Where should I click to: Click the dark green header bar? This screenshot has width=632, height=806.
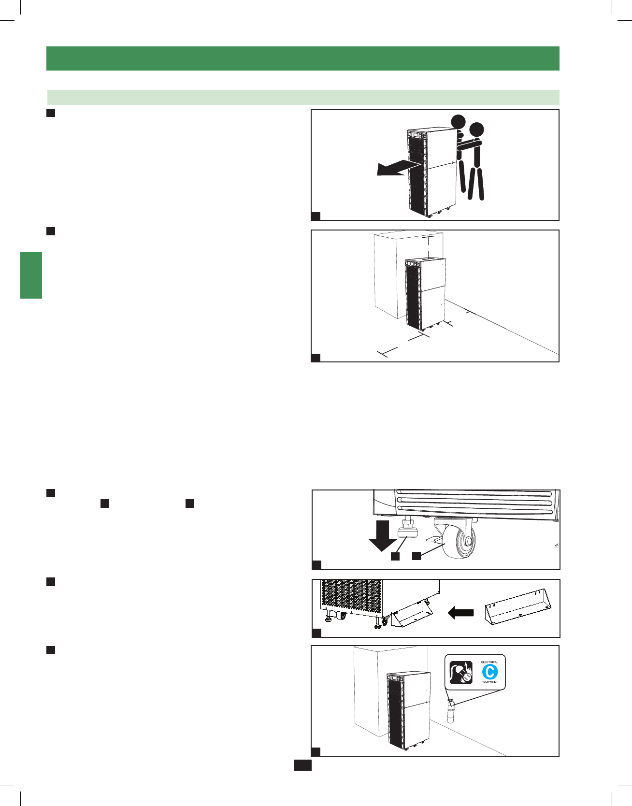pyautogui.click(x=302, y=58)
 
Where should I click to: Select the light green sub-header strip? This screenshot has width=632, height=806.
pyautogui.click(x=302, y=97)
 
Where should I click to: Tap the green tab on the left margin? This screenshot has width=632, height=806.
pyautogui.click(x=31, y=275)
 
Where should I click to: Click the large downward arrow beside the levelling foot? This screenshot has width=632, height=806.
pyautogui.click(x=382, y=535)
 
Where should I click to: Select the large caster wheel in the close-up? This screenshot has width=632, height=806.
pyautogui.click(x=461, y=539)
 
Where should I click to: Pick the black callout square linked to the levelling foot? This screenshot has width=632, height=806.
pyautogui.click(x=395, y=556)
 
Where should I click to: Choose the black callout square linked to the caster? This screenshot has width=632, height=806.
pyautogui.click(x=417, y=556)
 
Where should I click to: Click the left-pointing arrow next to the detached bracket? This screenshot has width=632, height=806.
pyautogui.click(x=461, y=613)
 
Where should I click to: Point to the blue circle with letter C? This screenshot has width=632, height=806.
pyautogui.click(x=489, y=672)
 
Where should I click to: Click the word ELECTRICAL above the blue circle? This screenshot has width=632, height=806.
pyautogui.click(x=489, y=662)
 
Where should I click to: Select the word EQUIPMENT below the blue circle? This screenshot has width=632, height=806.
pyautogui.click(x=489, y=682)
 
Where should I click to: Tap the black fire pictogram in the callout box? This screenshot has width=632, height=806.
pyautogui.click(x=461, y=672)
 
